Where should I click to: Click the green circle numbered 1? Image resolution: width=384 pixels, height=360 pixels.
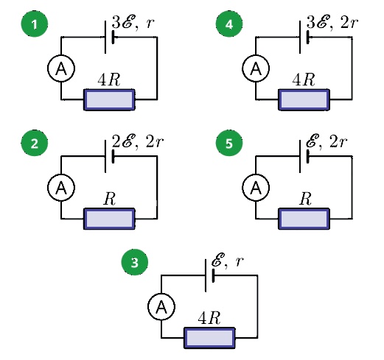click(x=35, y=24)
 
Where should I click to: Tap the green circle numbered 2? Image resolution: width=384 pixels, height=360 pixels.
click(x=35, y=143)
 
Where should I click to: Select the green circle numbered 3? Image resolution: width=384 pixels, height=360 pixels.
click(x=135, y=262)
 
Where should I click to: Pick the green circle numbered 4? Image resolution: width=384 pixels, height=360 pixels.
click(x=229, y=24)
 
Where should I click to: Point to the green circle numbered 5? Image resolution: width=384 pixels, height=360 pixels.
click(x=229, y=143)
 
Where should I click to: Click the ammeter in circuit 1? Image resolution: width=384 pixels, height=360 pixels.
click(x=61, y=68)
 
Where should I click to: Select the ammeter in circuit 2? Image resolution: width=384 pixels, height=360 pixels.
click(x=61, y=188)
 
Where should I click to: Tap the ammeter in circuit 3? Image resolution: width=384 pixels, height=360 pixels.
click(x=161, y=306)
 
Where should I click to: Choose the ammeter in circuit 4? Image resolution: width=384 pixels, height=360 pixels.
click(x=256, y=68)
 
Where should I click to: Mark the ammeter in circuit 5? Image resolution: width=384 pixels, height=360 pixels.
click(x=256, y=188)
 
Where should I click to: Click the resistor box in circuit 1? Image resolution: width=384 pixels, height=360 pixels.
click(x=109, y=99)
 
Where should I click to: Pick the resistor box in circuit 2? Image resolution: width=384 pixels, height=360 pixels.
click(x=109, y=219)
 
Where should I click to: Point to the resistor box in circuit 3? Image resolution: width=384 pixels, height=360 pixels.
click(x=209, y=338)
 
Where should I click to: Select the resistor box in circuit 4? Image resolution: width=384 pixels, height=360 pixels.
click(x=304, y=99)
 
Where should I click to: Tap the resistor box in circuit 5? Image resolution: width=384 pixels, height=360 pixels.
click(x=304, y=219)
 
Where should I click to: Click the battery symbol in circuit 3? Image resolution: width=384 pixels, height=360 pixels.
click(x=210, y=275)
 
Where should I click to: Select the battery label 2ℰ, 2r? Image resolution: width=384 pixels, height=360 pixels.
click(x=138, y=141)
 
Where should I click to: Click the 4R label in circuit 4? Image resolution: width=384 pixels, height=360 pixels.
click(x=304, y=80)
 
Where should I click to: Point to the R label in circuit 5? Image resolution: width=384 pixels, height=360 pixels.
click(x=305, y=199)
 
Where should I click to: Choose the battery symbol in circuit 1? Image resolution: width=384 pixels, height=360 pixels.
click(x=110, y=37)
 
